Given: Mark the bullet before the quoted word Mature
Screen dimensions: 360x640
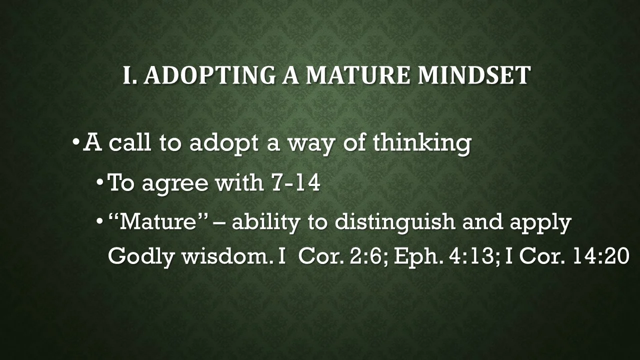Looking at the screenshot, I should coord(100,221).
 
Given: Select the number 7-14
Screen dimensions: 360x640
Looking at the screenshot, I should coord(295,183).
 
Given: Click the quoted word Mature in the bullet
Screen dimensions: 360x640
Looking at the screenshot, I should coord(158,221).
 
